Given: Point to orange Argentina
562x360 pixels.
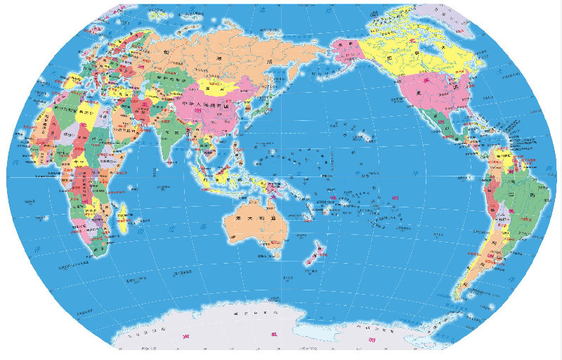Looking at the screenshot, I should tap(485, 260).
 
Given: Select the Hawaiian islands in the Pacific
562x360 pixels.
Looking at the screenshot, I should tap(362, 134).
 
